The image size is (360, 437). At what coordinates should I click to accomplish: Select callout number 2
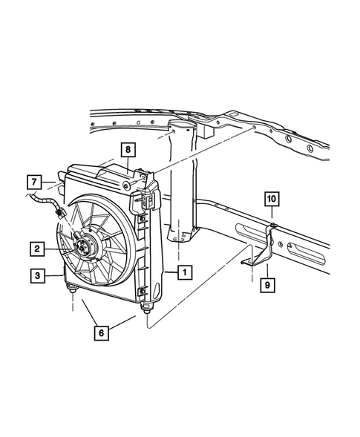tap(36, 248)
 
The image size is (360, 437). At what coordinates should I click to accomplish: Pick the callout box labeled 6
tap(101, 333)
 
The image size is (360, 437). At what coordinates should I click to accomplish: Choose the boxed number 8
tap(128, 151)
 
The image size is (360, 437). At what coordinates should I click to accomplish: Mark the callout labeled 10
tap(272, 199)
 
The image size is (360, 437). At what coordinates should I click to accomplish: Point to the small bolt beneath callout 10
tap(273, 224)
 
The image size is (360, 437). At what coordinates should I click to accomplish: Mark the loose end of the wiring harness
tap(30, 197)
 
